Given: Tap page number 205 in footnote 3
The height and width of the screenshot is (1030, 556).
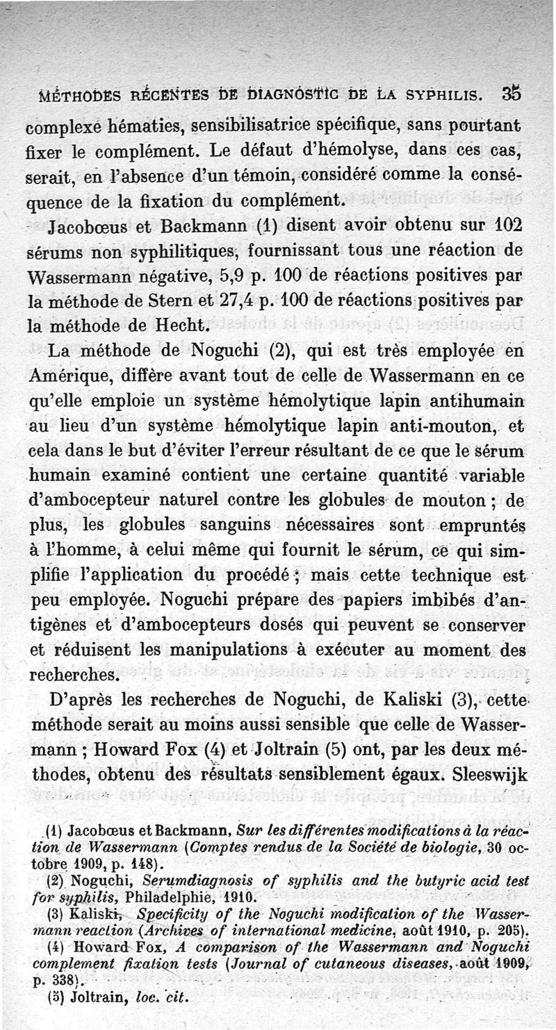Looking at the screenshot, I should [513, 930].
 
